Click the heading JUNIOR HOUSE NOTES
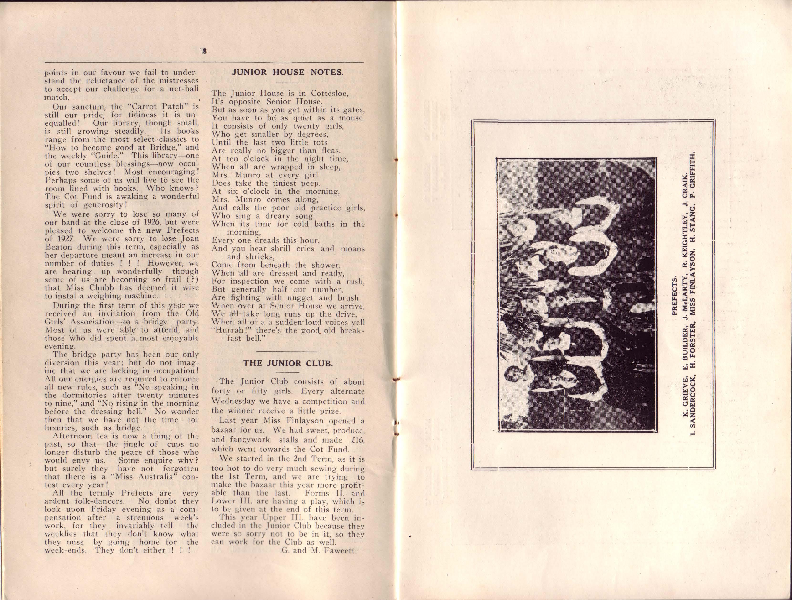288,72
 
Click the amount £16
356,440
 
